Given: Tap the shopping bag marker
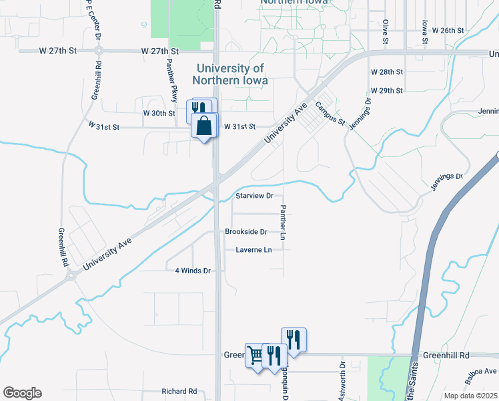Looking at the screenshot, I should pyautogui.click(x=204, y=125).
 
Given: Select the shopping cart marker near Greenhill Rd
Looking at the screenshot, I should pyautogui.click(x=255, y=354).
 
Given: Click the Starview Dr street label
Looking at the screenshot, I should pyautogui.click(x=255, y=196).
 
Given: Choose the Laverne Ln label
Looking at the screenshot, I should pyautogui.click(x=254, y=250).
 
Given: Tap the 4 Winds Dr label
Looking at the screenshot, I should pyautogui.click(x=193, y=271).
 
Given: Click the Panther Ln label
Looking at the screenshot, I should pyautogui.click(x=283, y=223).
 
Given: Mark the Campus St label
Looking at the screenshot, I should pyautogui.click(x=330, y=114).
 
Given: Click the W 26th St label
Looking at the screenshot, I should pyautogui.click(x=448, y=31).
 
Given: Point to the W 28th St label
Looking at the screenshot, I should pyautogui.click(x=387, y=72).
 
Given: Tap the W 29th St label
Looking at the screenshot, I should pyautogui.click(x=387, y=90).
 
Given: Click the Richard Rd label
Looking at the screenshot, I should pyautogui.click(x=179, y=391).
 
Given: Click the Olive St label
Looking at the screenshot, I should pyautogui.click(x=386, y=31).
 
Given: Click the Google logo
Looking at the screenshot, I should pyautogui.click(x=22, y=393).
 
